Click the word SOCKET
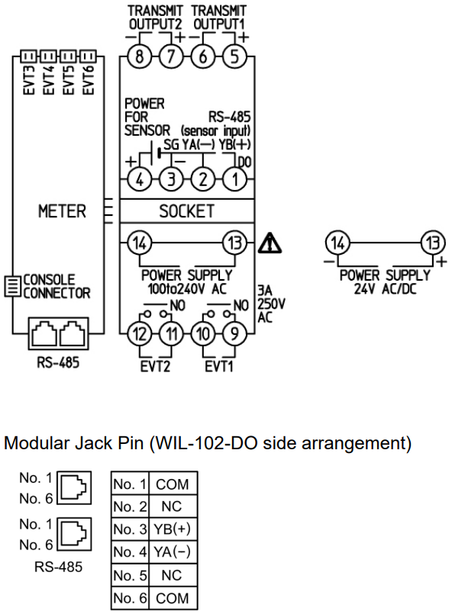(186, 211)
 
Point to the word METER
(62, 211)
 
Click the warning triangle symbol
(270, 243)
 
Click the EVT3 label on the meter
(29, 80)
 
